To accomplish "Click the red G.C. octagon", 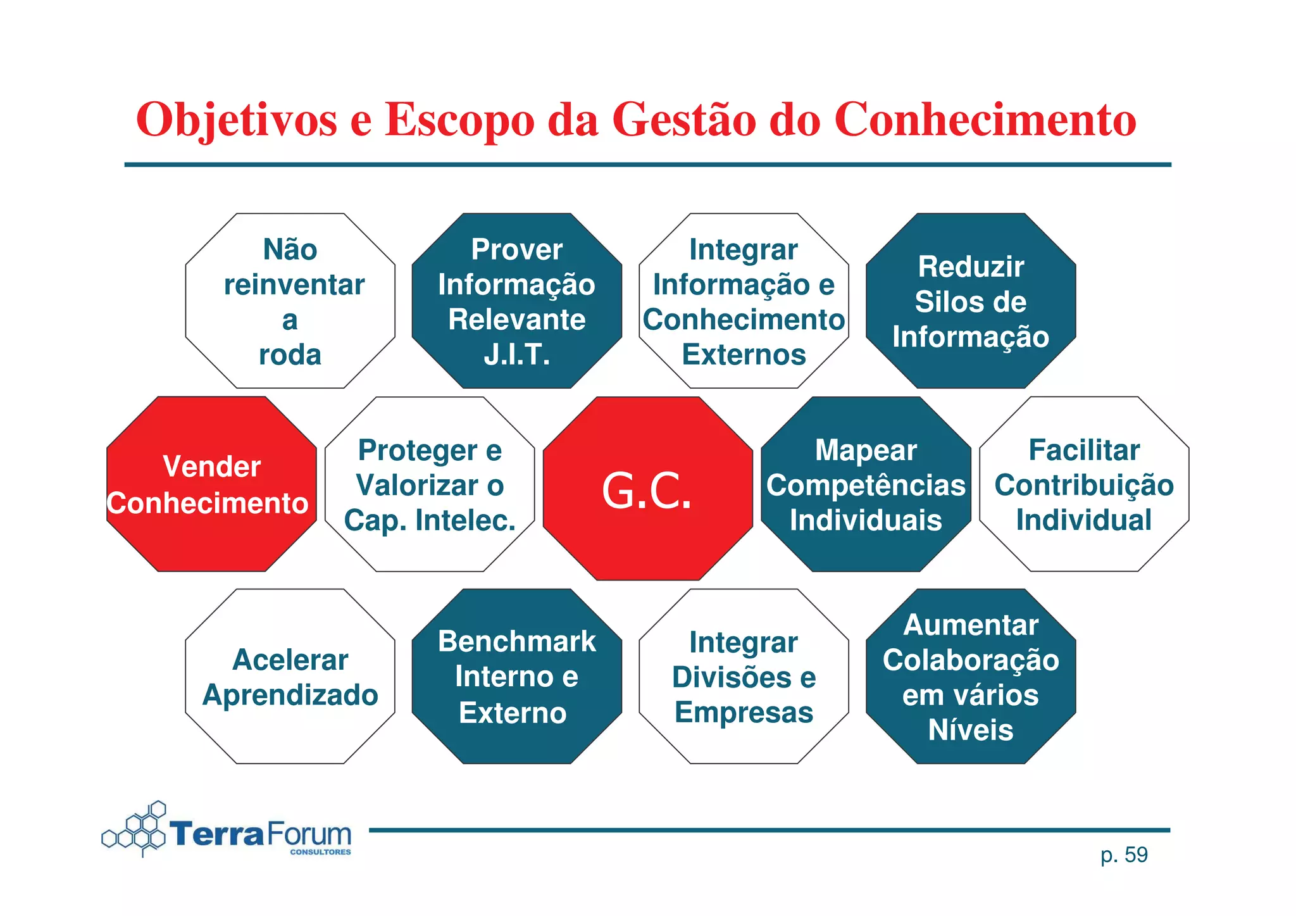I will tap(647, 489).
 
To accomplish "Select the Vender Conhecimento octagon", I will tap(211, 484).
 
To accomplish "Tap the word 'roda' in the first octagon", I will tap(290, 355).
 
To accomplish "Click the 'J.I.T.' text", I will tap(516, 355).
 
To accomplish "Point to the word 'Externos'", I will tap(744, 355).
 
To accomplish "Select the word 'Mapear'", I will tap(866, 451).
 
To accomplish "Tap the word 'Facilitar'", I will tap(1084, 451).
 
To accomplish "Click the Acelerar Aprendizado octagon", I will tap(290, 677).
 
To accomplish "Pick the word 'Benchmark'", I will tap(516, 641).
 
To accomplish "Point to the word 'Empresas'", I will tap(744, 712).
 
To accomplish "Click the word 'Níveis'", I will tap(970, 730).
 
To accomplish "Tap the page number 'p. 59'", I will tap(1124, 855).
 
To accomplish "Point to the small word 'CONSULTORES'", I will tap(320, 852).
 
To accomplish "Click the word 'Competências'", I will tap(866, 486).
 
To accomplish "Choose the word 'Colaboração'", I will tap(970, 660).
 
